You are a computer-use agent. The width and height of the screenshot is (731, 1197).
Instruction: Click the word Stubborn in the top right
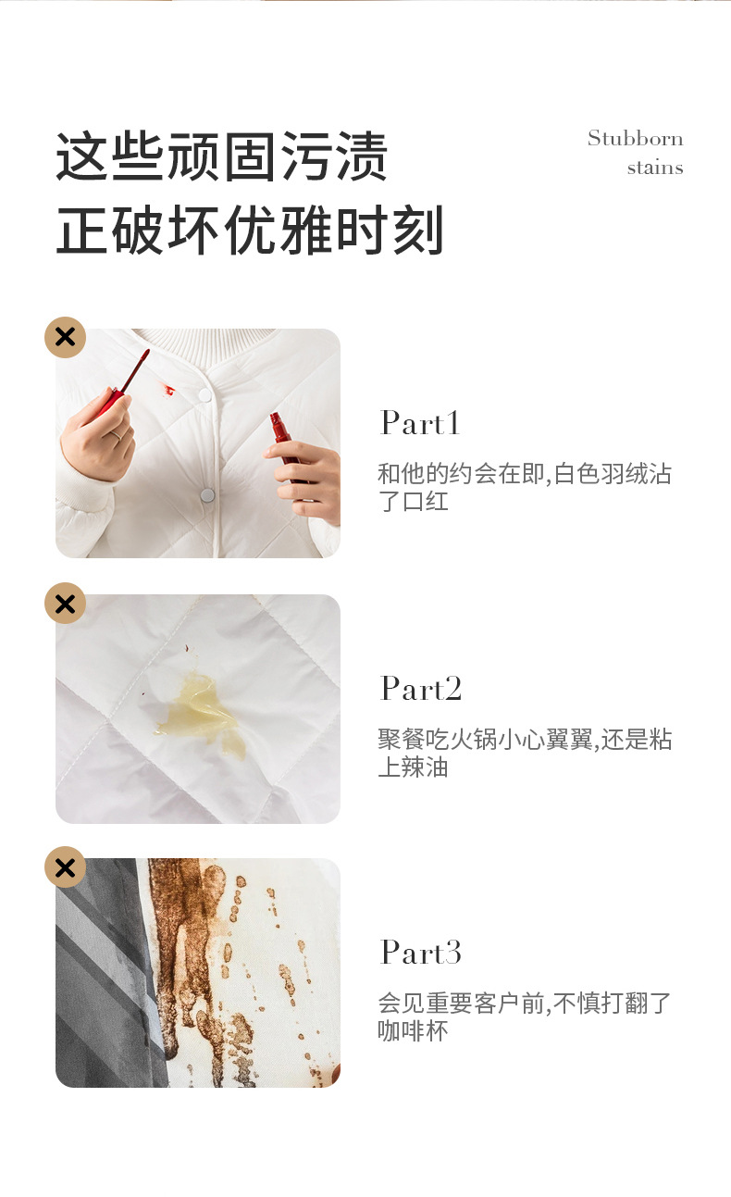pos(635,139)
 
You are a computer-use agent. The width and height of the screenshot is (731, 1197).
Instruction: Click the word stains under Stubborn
pos(654,168)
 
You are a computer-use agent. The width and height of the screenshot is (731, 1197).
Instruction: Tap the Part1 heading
pos(420,423)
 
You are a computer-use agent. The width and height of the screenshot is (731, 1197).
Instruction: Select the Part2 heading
pos(421,689)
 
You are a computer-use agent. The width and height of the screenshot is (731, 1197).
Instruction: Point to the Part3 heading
pos(421,953)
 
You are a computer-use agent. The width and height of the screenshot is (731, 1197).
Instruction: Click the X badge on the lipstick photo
pos(65,337)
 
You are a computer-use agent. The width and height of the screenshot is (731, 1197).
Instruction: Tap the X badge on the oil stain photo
pos(65,604)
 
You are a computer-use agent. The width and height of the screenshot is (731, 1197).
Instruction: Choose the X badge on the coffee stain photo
pos(65,867)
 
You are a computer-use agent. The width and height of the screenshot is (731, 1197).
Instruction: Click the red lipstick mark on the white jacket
pos(168,391)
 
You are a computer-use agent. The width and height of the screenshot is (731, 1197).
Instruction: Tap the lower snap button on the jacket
pos(207,495)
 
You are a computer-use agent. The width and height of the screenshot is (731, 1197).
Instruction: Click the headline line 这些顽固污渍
pos(222,157)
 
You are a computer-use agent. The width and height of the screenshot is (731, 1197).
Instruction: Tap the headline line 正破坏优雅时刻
pos(250,231)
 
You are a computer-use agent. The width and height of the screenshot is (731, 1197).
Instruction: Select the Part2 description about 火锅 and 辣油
pos(524,753)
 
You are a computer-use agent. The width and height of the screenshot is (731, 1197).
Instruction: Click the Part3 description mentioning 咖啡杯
pos(524,1016)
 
